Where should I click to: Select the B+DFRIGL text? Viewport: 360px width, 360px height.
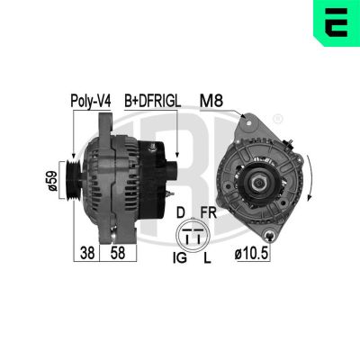[x=152, y=103]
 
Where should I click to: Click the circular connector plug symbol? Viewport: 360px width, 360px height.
[x=192, y=237]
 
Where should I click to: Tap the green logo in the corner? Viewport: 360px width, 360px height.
[x=337, y=24]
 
